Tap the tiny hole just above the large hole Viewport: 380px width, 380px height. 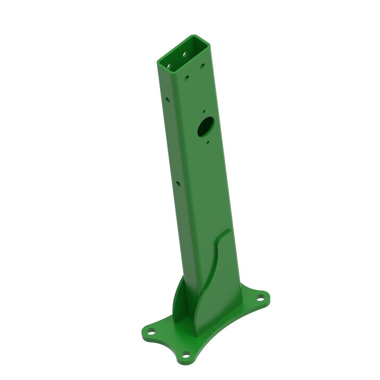tap(204, 111)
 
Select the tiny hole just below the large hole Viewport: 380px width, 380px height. tap(207, 143)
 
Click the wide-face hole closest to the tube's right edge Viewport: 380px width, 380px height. tap(201, 67)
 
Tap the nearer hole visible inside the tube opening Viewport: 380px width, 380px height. tap(169, 66)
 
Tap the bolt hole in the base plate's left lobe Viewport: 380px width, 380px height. tap(152, 333)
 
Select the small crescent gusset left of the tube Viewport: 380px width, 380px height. tap(179, 298)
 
